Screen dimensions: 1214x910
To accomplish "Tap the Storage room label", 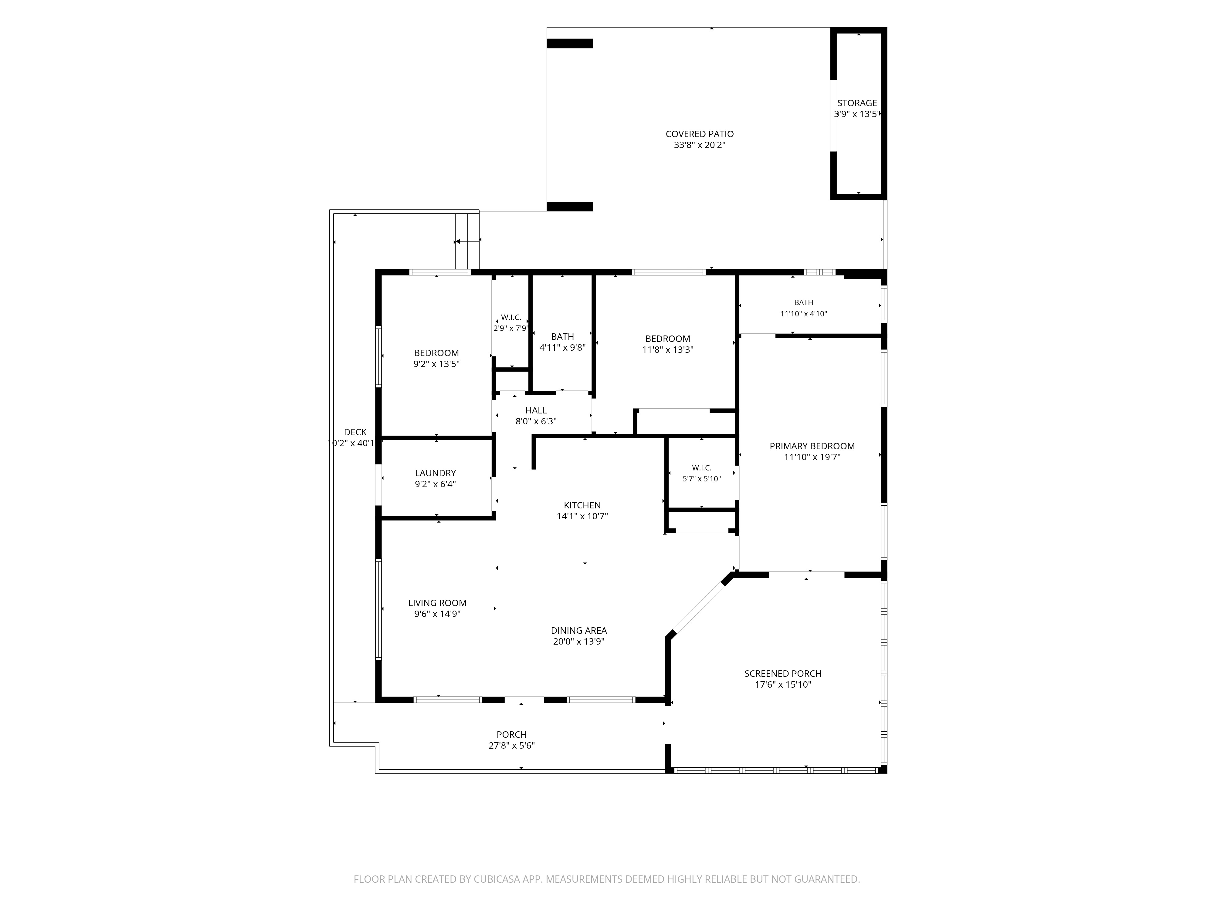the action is (x=857, y=103).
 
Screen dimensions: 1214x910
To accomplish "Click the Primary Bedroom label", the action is (x=812, y=446).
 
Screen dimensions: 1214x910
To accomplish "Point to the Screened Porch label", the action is (x=783, y=674).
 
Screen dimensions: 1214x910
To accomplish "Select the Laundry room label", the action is (x=435, y=473).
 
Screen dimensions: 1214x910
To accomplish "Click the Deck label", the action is (x=355, y=432).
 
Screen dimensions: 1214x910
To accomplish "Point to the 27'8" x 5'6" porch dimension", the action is (x=511, y=746).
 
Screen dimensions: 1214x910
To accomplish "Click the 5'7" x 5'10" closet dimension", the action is (x=701, y=479).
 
